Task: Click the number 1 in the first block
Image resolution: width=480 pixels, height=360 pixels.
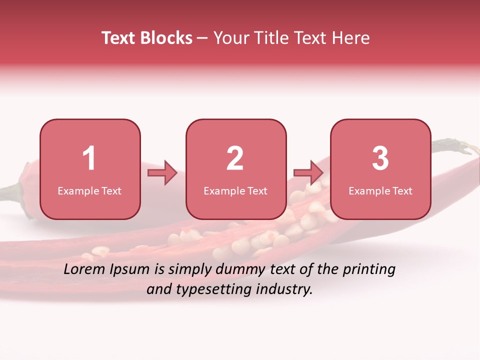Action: pos(89,158)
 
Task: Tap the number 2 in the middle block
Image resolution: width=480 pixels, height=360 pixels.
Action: pos(235,158)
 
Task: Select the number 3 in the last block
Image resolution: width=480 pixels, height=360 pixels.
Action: pos(380,158)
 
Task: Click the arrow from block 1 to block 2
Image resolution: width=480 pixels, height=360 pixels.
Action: pos(162,173)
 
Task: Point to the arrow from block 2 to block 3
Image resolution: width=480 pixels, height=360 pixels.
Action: pos(308,173)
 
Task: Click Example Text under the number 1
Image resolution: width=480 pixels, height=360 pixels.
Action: pos(89,190)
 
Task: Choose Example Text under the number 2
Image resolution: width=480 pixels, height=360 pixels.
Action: pos(235,190)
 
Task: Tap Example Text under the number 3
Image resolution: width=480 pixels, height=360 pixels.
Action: pos(380,190)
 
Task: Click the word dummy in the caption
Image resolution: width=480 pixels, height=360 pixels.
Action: pos(240,270)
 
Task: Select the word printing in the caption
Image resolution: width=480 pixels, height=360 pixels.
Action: pos(369,270)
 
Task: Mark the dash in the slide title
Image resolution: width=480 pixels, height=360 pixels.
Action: pos(202,38)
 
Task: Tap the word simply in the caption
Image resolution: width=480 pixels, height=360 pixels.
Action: pos(189,270)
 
